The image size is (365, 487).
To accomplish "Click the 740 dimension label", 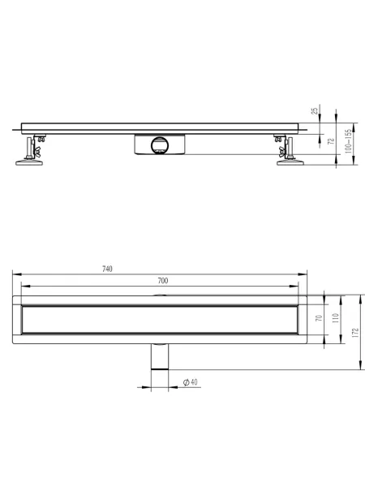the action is click(107, 269).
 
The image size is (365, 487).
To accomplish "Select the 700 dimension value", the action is click(163, 281).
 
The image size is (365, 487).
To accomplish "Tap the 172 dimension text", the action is click(356, 333).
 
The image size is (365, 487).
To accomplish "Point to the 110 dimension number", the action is click(336, 318).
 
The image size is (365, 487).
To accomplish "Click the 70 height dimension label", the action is click(319, 318).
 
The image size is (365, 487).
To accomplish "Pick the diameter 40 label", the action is click(191, 382).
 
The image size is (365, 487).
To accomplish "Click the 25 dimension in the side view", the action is click(315, 111).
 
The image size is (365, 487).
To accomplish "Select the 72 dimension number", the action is click(332, 140).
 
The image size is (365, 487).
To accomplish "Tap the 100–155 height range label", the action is click(348, 141).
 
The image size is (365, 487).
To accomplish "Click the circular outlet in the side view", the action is click(160, 145).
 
